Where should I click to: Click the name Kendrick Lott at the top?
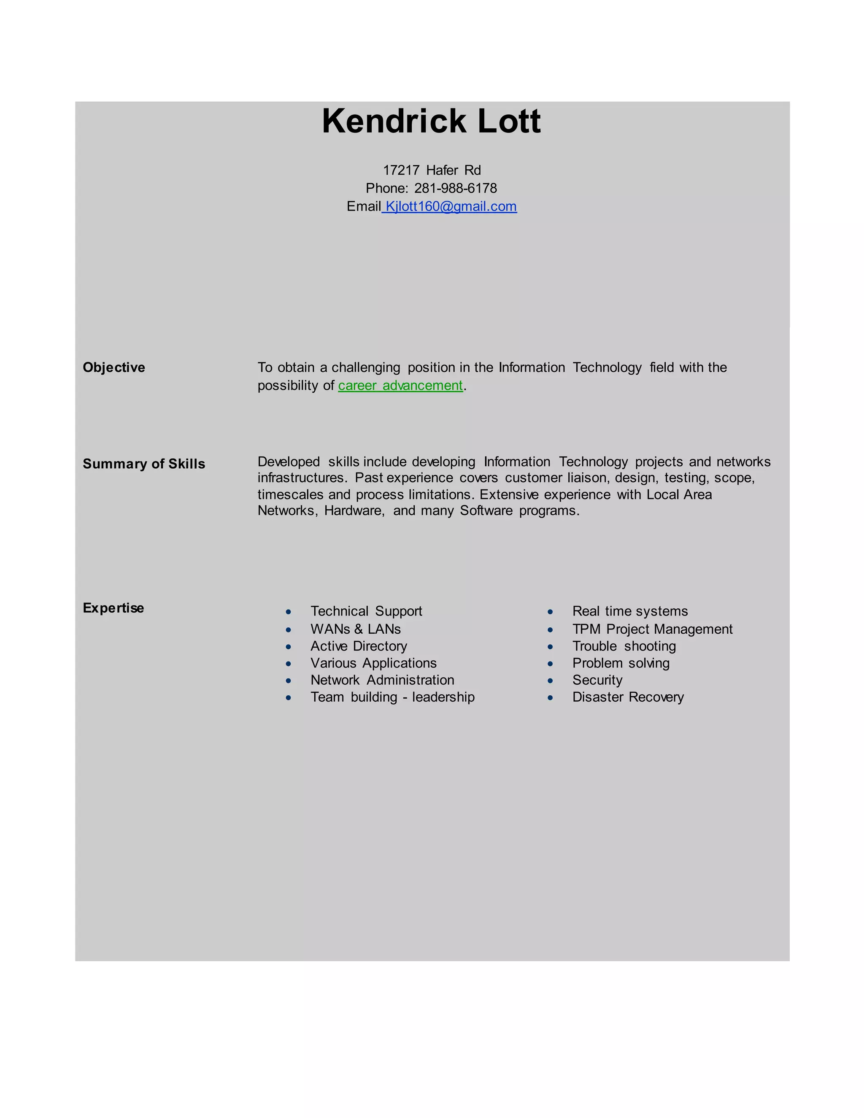point(431,122)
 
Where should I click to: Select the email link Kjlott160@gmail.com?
point(451,206)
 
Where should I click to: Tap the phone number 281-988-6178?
point(455,189)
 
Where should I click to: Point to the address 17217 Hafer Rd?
point(432,170)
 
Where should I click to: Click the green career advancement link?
point(400,386)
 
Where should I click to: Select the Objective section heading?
point(113,367)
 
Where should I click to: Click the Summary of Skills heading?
point(144,464)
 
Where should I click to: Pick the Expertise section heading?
point(113,608)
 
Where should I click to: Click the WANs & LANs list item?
point(355,629)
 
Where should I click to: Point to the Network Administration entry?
point(382,680)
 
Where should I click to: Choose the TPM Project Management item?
point(652,629)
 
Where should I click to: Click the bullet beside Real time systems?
point(550,612)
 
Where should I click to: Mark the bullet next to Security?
point(550,681)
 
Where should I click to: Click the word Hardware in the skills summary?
point(354,511)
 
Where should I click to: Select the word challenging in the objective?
point(365,367)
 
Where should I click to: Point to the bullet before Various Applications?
point(289,664)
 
